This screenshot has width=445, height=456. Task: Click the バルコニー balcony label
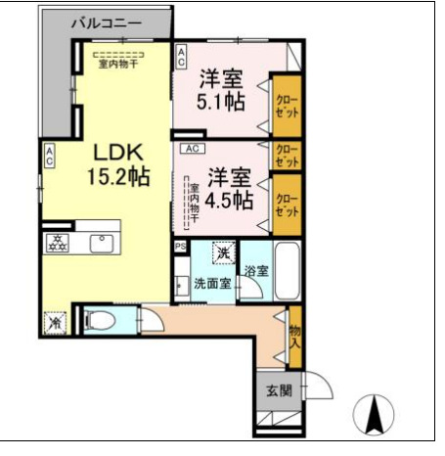[x=106, y=22]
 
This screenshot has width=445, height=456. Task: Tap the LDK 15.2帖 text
[x=120, y=165]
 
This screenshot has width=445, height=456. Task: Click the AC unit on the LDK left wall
[x=48, y=157]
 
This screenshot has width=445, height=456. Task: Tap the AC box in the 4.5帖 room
[x=192, y=149]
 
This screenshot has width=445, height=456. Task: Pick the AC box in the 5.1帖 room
[x=182, y=57]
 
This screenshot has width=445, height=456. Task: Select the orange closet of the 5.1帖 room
[x=285, y=106]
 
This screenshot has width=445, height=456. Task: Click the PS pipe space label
[x=180, y=247]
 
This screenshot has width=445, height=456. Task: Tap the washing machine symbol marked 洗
[x=223, y=252]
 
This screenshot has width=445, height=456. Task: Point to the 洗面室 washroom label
[x=211, y=284]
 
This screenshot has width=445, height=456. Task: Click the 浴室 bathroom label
[x=256, y=270]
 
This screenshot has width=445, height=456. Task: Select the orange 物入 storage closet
[x=294, y=334]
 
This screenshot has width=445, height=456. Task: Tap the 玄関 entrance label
[x=278, y=391]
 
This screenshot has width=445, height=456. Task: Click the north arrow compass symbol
[x=373, y=415]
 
